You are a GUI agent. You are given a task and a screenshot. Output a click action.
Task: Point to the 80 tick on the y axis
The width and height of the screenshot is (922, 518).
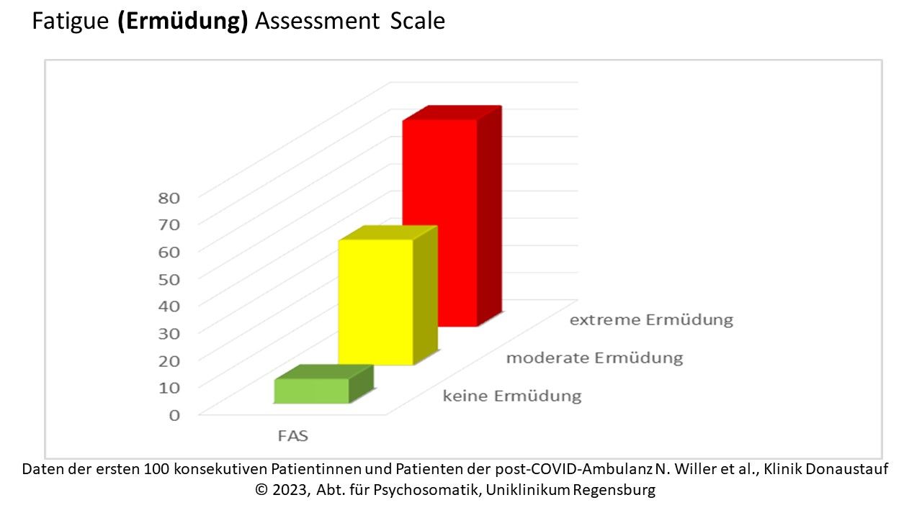[x=169, y=198]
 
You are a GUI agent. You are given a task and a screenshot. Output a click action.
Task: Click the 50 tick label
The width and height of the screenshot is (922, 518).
[x=169, y=280]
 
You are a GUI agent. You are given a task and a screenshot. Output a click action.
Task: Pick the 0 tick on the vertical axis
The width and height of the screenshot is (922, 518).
[x=174, y=415]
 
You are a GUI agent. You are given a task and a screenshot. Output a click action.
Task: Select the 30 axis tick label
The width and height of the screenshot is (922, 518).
[x=169, y=333]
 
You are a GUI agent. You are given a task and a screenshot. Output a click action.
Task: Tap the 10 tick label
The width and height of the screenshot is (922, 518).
[x=169, y=388]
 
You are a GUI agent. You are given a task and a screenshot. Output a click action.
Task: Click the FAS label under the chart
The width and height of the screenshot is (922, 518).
[x=293, y=436]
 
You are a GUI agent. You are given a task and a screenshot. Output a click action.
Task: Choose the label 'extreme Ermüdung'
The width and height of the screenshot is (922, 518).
[x=651, y=320]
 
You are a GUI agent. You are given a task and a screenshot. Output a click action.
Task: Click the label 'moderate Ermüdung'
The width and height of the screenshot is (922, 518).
[x=594, y=358]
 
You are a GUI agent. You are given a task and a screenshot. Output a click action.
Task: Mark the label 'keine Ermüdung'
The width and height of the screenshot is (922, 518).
[x=512, y=396]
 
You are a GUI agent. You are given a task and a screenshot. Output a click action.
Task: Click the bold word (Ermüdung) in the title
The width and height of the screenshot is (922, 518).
[x=183, y=22]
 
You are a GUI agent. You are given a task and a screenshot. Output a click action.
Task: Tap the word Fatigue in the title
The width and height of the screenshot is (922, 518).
[x=71, y=22]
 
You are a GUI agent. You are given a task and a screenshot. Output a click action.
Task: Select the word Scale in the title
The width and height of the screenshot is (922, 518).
[x=417, y=21]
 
